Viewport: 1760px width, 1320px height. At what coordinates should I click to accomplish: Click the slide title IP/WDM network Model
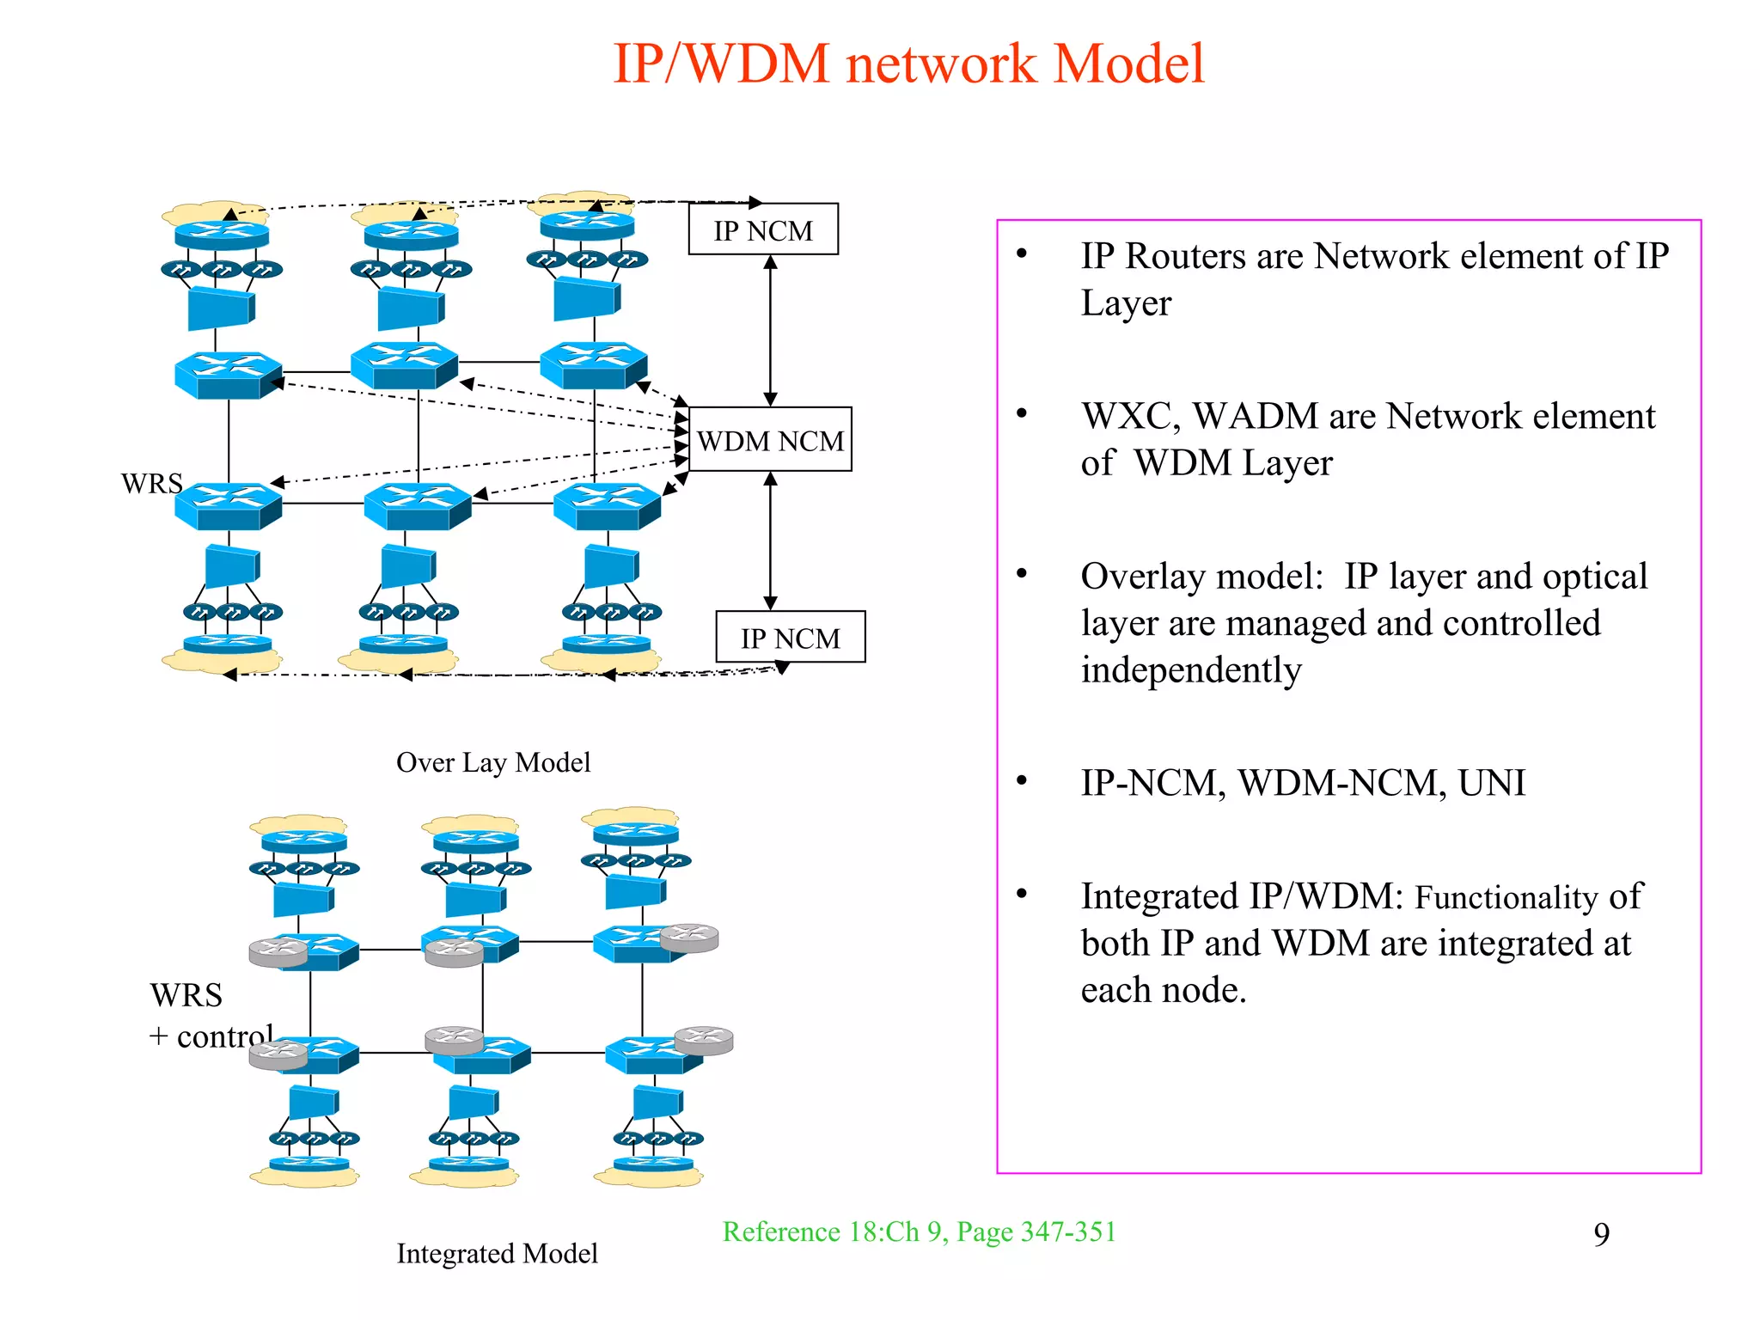pyautogui.click(x=908, y=64)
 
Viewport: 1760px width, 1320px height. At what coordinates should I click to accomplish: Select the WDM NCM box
pyautogui.click(x=770, y=440)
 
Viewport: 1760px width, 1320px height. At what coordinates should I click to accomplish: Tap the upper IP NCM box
pyautogui.click(x=763, y=230)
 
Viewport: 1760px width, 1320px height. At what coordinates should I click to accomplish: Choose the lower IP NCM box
pyautogui.click(x=790, y=638)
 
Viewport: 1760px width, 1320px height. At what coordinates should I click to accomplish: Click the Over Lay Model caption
pyautogui.click(x=493, y=762)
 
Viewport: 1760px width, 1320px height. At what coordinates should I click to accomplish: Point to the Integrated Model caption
pyautogui.click(x=497, y=1253)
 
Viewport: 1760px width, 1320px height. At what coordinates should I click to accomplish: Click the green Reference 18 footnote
pyautogui.click(x=919, y=1231)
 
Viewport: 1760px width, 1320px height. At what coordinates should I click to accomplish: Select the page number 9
pyautogui.click(x=1601, y=1234)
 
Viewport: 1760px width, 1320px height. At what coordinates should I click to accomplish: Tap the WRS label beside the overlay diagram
pyautogui.click(x=151, y=484)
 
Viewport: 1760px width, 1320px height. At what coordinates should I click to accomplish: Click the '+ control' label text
pyautogui.click(x=211, y=1036)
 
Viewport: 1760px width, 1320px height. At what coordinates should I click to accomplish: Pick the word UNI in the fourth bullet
pyautogui.click(x=1491, y=783)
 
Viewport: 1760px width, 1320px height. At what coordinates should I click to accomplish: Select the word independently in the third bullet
pyautogui.click(x=1191, y=670)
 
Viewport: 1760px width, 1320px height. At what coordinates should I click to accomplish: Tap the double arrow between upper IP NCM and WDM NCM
pyautogui.click(x=771, y=331)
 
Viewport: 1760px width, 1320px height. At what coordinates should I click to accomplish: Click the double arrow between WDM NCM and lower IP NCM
pyautogui.click(x=771, y=541)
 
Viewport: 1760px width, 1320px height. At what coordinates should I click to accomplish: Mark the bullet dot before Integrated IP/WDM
pyautogui.click(x=1022, y=894)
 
